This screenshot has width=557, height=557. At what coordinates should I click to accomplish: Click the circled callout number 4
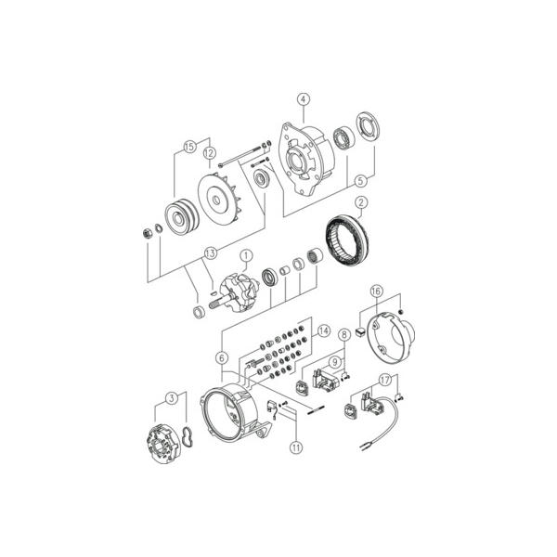click(x=304, y=99)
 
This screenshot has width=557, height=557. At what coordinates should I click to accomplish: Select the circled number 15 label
click(x=190, y=147)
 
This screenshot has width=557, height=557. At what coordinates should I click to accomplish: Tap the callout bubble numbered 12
click(x=209, y=153)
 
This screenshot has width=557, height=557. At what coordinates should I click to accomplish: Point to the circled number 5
click(x=360, y=181)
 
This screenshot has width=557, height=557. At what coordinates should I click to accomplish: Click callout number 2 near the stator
click(x=361, y=202)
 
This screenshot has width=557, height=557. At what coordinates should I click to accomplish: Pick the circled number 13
click(x=211, y=253)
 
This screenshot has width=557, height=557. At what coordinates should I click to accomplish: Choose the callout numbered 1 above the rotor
click(x=246, y=256)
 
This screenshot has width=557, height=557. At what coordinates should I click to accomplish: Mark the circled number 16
click(x=376, y=291)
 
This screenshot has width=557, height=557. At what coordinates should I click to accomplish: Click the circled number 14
click(x=324, y=331)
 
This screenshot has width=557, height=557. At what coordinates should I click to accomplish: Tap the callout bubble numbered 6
click(x=222, y=358)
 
